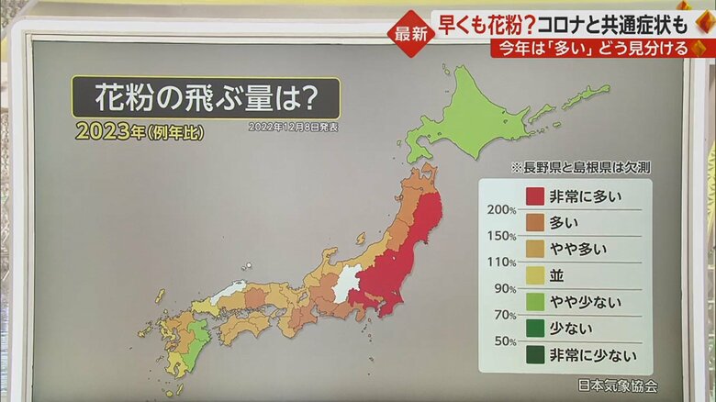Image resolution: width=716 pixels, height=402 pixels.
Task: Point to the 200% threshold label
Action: click(501, 209)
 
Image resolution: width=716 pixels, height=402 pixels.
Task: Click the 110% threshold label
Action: click(501, 262)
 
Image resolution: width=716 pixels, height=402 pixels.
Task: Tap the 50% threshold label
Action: click(503, 341)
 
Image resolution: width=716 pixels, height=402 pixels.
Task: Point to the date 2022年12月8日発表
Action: click(293, 127)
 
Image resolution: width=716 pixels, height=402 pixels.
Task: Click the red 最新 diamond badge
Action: click(409, 33)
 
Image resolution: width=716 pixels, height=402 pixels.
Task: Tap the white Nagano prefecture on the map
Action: click(345, 282)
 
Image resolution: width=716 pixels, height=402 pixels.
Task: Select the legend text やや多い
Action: click(578, 248)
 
